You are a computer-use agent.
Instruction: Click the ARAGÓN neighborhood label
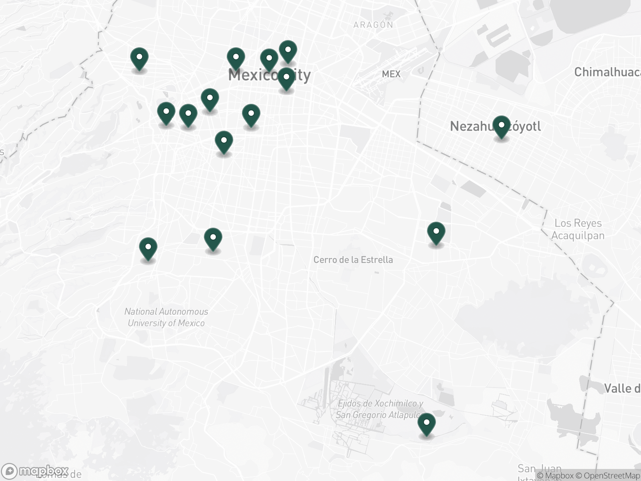[373, 25]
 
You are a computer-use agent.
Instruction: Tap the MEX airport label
[391, 74]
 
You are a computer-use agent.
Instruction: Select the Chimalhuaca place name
[607, 72]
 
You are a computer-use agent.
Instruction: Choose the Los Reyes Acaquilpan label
[578, 229]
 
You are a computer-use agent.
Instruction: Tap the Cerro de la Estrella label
[353, 260]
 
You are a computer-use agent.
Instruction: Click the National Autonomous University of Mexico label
[166, 317]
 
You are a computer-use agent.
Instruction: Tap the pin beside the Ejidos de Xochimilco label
[427, 424]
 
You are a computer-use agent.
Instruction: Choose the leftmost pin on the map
[139, 59]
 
